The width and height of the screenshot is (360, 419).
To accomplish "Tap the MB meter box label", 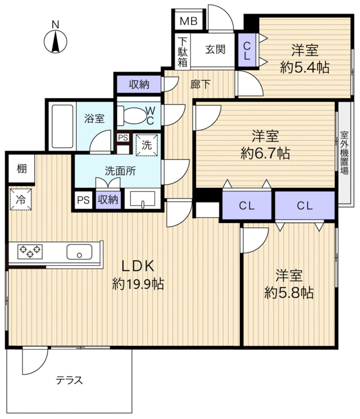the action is click(188, 21).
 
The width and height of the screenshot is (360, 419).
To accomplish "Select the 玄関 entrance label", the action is click(215, 49).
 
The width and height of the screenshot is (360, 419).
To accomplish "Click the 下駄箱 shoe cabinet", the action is click(182, 52).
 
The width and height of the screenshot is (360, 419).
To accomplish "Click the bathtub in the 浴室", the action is click(63, 126).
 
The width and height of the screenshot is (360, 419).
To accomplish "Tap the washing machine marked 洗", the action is click(147, 145).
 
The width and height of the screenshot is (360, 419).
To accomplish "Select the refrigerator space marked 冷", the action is click(21, 200).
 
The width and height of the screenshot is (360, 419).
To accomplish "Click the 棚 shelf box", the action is click(22, 169).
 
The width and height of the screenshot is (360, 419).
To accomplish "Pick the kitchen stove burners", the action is click(30, 252).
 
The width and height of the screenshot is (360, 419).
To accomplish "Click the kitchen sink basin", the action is click(79, 252).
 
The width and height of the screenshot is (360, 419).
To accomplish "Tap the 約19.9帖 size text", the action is click(138, 284).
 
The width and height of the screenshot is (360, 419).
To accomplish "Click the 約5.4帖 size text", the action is click(304, 68).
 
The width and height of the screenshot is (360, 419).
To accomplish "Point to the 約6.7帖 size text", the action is click(265, 153).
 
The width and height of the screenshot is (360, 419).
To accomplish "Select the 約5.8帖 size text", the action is click(289, 293).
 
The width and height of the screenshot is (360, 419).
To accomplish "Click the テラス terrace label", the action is click(69, 380).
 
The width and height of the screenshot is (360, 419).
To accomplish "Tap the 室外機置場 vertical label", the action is click(345, 153).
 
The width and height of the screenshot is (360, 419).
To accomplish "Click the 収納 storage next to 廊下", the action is click(139, 85).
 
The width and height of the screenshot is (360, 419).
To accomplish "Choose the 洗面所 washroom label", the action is click(120, 171).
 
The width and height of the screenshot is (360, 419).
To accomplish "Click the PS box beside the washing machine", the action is click(123, 138).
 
